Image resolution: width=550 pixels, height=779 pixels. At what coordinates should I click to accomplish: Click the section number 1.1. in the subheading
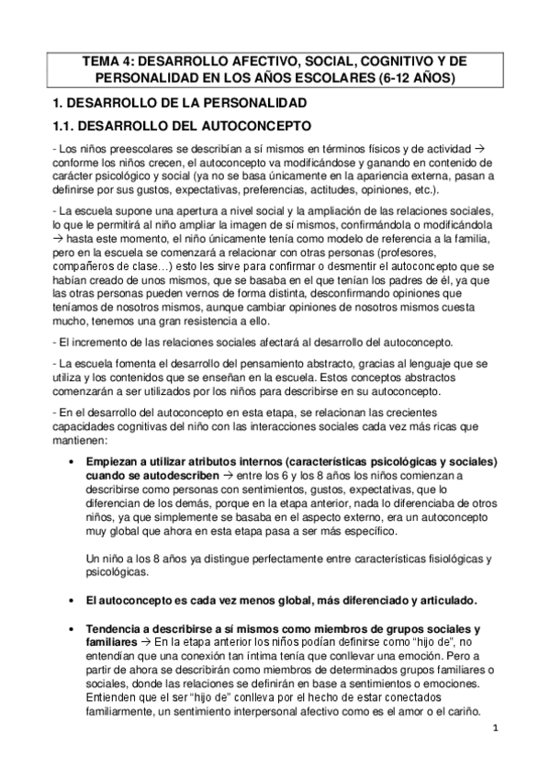[66, 124]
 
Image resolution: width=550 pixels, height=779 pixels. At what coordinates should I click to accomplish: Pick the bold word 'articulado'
[443, 600]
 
